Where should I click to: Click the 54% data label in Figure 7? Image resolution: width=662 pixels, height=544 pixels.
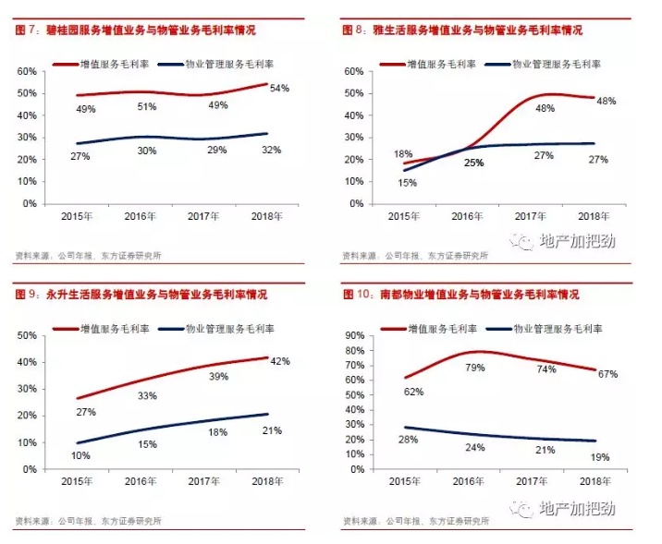(x=280, y=89)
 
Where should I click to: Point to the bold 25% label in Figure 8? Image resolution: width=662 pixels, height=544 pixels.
(x=474, y=163)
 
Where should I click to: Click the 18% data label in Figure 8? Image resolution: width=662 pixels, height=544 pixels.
(x=404, y=154)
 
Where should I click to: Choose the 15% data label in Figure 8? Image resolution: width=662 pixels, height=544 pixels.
(x=408, y=183)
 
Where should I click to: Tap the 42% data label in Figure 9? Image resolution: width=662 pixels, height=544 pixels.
(x=281, y=361)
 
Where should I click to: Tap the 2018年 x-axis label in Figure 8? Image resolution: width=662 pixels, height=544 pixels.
(x=593, y=217)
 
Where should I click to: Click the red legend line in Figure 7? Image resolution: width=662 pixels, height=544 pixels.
(x=67, y=65)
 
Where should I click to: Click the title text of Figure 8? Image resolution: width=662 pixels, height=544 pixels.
(x=461, y=31)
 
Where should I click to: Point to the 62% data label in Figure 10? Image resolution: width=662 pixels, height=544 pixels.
(x=412, y=392)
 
